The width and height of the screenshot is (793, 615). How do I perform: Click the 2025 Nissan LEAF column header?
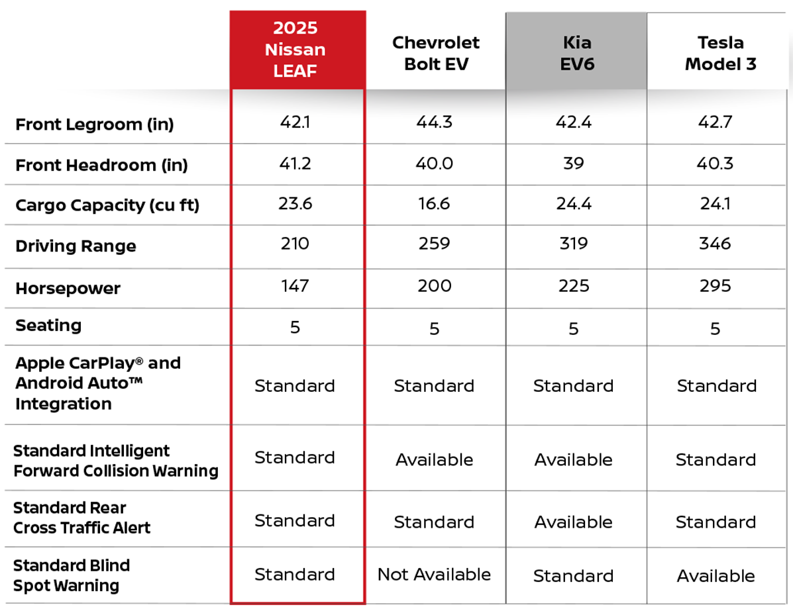click(295, 49)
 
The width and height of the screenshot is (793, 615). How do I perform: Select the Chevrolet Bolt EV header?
click(435, 53)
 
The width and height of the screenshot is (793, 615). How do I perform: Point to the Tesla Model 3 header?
click(720, 53)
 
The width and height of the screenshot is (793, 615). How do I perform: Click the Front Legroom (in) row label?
click(95, 124)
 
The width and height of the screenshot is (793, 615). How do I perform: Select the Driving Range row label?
click(76, 246)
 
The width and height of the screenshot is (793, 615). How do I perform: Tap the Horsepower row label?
click(68, 289)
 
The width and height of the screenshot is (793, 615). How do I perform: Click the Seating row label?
click(48, 326)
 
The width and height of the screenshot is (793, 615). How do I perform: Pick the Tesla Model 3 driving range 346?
click(715, 244)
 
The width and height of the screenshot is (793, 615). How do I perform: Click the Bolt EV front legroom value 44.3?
click(435, 122)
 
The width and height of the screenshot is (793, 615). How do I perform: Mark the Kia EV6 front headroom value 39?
click(574, 164)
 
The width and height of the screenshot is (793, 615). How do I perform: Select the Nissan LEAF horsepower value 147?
click(295, 286)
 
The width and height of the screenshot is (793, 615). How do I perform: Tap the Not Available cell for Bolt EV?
click(435, 575)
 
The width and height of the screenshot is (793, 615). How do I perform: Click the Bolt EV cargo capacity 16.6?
click(435, 204)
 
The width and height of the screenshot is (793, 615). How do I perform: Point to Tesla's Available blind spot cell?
click(715, 577)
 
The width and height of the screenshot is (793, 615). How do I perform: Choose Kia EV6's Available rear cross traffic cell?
click(574, 522)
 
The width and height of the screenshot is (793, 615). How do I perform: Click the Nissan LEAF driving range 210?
click(295, 244)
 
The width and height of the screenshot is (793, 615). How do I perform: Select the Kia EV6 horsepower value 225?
click(574, 286)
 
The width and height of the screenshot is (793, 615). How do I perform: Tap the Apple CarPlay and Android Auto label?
click(98, 383)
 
